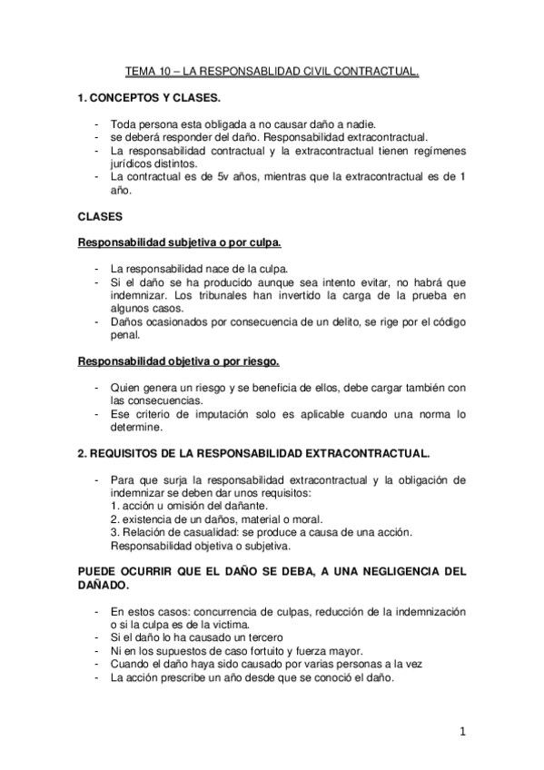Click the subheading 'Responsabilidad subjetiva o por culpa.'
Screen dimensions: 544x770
[x=179, y=243]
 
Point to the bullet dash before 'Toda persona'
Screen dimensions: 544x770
[x=97, y=123]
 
